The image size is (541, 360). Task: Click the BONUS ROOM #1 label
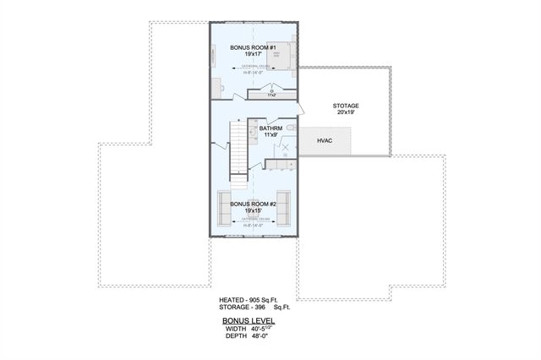coord(254,48)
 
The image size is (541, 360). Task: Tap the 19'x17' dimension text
coord(254,55)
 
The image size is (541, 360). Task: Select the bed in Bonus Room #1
coord(285,53)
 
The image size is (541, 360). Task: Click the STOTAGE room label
coord(346,105)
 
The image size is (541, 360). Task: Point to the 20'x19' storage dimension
coord(346,112)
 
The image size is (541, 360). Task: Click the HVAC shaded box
coord(325,140)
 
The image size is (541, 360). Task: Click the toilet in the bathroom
coord(290,127)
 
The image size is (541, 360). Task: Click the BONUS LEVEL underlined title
coord(249,321)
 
